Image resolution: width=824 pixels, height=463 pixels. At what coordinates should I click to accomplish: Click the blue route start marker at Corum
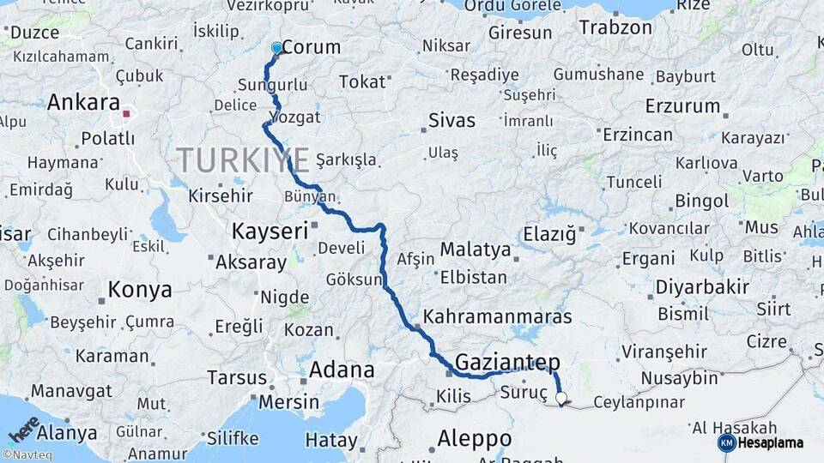pyautogui.click(x=276, y=49)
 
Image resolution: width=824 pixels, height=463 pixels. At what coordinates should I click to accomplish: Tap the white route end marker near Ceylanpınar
pyautogui.click(x=561, y=398)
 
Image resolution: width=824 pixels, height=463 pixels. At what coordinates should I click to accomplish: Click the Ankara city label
pyautogui.click(x=83, y=104)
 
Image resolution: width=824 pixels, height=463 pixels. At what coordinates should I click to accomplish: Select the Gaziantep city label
pyautogui.click(x=507, y=362)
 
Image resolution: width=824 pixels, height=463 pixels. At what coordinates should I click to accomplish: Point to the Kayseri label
pyautogui.click(x=269, y=231)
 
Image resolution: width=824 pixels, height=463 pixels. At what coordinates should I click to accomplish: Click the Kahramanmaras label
pyautogui.click(x=497, y=317)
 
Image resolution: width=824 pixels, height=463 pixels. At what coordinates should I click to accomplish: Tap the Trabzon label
pyautogui.click(x=615, y=27)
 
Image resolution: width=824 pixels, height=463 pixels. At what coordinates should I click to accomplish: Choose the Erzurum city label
pyautogui.click(x=682, y=106)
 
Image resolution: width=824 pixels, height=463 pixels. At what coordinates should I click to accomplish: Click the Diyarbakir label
pyautogui.click(x=702, y=287)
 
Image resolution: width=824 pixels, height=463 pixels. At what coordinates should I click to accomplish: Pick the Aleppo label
pyautogui.click(x=474, y=438)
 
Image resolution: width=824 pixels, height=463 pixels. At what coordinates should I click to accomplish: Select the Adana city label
pyautogui.click(x=341, y=370)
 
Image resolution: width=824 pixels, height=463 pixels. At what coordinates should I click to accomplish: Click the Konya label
pyautogui.click(x=140, y=291)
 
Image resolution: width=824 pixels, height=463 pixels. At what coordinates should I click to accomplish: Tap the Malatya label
pyautogui.click(x=475, y=250)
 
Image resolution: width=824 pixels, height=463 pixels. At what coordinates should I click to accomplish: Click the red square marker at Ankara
pyautogui.click(x=127, y=112)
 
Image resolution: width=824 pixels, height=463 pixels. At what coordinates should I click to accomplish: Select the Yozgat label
pyautogui.click(x=295, y=117)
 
